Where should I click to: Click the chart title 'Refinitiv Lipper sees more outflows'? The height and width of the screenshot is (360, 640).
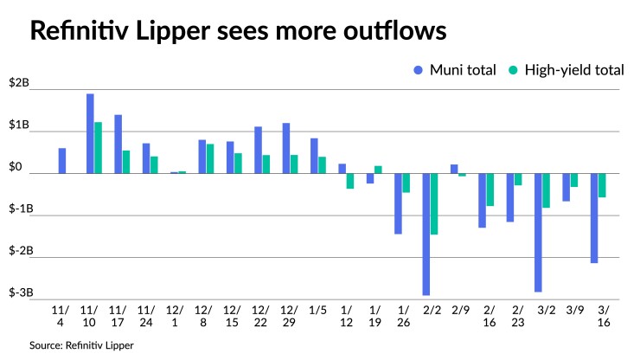click(x=239, y=32)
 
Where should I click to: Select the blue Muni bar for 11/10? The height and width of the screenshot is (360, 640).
click(x=90, y=133)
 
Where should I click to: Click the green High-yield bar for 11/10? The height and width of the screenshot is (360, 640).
click(x=99, y=148)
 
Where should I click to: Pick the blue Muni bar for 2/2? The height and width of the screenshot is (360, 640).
click(x=426, y=234)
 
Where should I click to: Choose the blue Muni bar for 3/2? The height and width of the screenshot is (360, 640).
click(x=538, y=232)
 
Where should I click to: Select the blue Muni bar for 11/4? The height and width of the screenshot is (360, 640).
click(x=62, y=161)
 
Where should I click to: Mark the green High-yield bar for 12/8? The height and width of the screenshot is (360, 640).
click(x=210, y=158)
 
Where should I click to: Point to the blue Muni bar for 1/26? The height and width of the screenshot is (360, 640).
click(x=398, y=203)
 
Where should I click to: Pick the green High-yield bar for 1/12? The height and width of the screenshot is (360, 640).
click(x=350, y=181)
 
